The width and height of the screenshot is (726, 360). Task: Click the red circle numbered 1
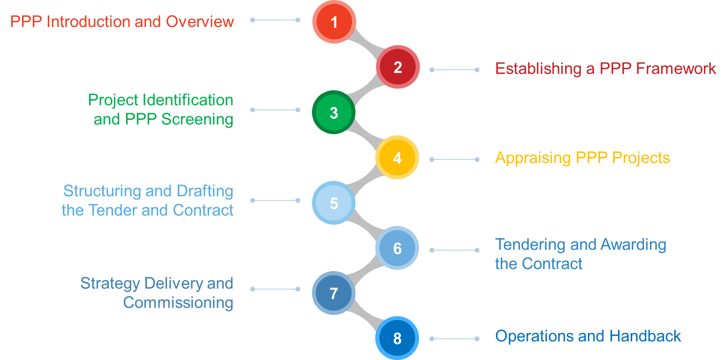(334, 22)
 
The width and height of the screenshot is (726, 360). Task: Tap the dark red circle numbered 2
(398, 67)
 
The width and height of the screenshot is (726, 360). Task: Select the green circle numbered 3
(334, 113)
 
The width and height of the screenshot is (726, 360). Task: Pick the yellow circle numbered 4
(397, 157)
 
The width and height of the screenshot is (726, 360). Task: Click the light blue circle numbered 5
(334, 203)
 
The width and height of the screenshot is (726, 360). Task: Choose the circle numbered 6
(397, 248)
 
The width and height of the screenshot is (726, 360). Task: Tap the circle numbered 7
(334, 293)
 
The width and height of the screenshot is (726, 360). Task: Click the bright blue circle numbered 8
(397, 338)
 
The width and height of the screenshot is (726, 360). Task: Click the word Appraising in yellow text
(532, 158)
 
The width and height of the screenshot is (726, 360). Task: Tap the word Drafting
(205, 191)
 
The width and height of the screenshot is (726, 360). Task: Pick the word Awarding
(633, 244)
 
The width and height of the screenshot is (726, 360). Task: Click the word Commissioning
(178, 303)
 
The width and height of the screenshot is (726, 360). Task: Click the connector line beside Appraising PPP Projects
(455, 160)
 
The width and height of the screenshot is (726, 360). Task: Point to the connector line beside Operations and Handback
(455, 339)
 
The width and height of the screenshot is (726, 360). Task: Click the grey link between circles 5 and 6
(366, 224)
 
